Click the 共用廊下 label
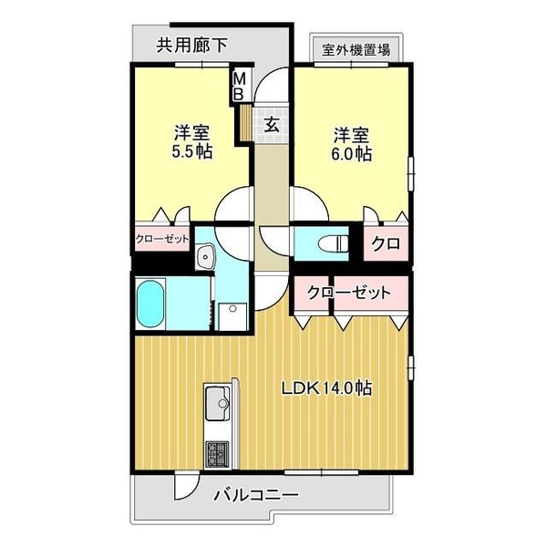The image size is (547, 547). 191,43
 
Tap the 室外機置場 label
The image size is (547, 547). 355,49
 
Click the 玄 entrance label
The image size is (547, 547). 272,125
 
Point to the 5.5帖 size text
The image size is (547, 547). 192,151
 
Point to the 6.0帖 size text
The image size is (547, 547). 351,154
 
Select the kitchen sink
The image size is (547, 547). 219,404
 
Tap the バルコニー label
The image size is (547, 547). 256,496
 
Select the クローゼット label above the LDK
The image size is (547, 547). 349,293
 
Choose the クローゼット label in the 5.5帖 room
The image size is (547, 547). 162,240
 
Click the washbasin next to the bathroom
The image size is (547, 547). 206,256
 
